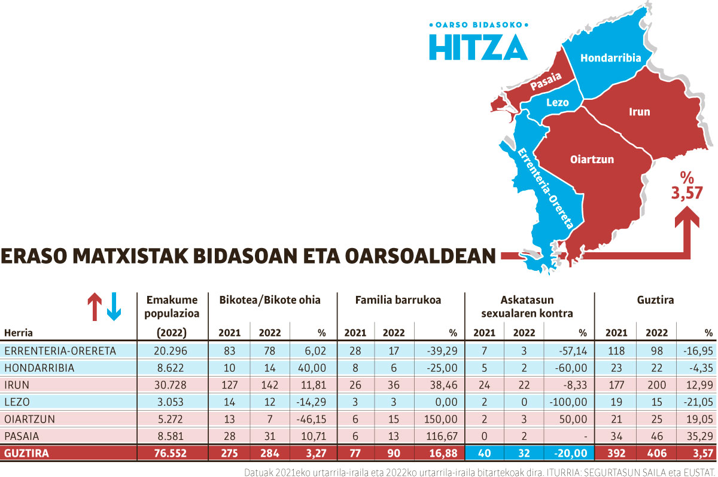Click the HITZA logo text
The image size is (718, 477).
(478, 47)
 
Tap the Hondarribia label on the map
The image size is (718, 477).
(610, 58)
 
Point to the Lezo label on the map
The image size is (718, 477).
(557, 102)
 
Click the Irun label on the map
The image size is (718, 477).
(639, 112)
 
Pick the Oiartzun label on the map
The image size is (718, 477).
(592, 160)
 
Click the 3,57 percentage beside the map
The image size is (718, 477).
(686, 193)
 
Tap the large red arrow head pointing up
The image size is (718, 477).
(687, 218)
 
